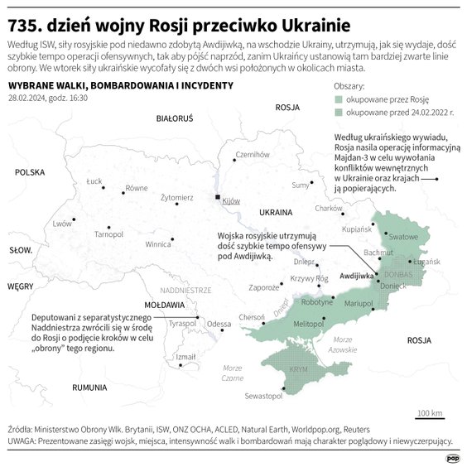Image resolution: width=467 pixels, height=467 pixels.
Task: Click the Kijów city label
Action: coord(231,201)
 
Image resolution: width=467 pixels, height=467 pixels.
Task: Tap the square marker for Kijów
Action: coord(218,198)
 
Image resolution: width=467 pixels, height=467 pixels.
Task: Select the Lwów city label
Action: coord(62,224)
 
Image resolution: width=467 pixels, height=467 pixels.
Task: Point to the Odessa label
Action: coord(219,323)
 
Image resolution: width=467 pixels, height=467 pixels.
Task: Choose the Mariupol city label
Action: coord(359,304)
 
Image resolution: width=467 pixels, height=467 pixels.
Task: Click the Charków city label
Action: coord(329,209)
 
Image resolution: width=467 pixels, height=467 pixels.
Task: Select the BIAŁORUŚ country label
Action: coord(174,118)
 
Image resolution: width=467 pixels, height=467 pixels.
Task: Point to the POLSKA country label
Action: coord(28,172)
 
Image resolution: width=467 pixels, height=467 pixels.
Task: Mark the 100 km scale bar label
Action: coord(430,412)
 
